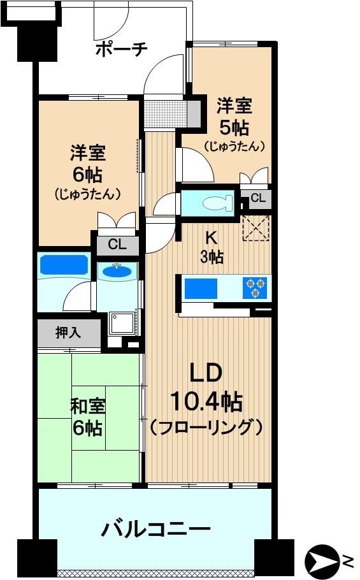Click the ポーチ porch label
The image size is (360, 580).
click(121, 48)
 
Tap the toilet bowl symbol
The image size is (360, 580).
click(217, 203)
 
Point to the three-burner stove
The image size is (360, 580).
click(256, 287)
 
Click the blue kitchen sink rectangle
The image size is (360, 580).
click(201, 288)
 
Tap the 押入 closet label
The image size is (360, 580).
click(68, 332)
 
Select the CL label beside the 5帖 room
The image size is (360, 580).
click(257, 198)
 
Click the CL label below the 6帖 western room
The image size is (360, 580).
click(117, 244)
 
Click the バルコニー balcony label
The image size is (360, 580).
click(155, 530)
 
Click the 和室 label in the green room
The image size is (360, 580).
click(87, 407)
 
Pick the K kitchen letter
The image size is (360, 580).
click(211, 238)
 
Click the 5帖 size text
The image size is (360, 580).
click(234, 127)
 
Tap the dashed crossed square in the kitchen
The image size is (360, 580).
click(256, 228)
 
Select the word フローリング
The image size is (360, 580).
click(206, 427)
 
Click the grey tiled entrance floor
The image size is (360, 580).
click(166, 113)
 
